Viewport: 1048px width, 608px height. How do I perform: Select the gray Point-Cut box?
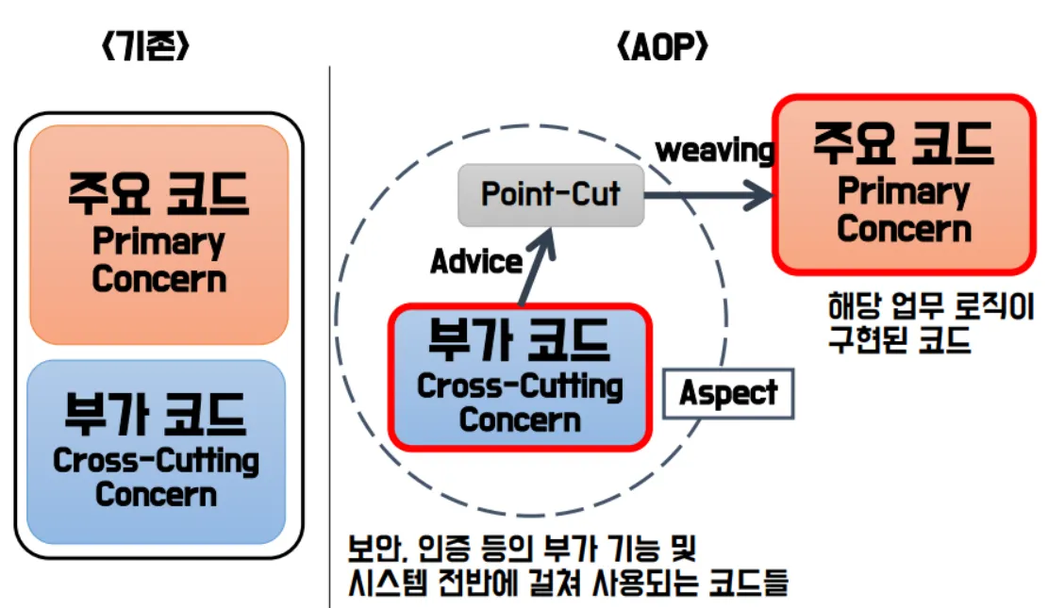coord(551,195)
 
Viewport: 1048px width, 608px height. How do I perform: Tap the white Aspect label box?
coord(728,394)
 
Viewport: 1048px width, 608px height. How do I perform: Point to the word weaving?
coord(715,150)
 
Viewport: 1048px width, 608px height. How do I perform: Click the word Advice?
coord(475,261)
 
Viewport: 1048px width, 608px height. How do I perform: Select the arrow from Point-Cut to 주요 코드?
coord(707,197)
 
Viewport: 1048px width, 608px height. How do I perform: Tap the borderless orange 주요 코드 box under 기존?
coord(158,234)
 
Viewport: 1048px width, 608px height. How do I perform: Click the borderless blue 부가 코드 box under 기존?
coord(156,451)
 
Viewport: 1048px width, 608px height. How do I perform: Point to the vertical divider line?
coord(329,330)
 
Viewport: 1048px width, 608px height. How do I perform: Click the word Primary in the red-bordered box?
coord(903,192)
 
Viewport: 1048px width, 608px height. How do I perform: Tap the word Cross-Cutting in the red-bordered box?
coord(520,386)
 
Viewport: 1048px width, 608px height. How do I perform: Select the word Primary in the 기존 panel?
coord(158,242)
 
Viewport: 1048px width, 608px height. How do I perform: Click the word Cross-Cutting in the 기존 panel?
coord(156,461)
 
